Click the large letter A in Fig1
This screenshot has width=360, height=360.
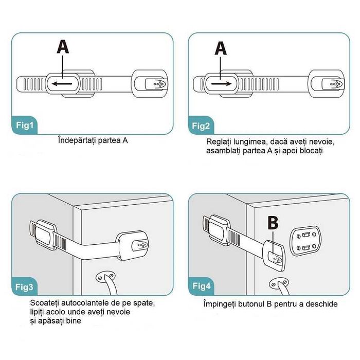click(63, 47)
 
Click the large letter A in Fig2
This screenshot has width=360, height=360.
click(221, 48)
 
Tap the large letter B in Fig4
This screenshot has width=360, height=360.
click(273, 223)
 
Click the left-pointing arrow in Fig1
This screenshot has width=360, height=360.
click(62, 83)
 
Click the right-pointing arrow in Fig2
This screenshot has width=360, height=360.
click(221, 84)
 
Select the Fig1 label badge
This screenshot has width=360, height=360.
click(24, 125)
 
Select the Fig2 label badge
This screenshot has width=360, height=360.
click(201, 125)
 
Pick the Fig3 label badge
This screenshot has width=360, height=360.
click(24, 287)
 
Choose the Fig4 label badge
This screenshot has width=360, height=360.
click(201, 286)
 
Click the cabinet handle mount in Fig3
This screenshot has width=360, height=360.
click(105, 277)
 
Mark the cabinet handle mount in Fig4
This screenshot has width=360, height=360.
click(279, 284)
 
